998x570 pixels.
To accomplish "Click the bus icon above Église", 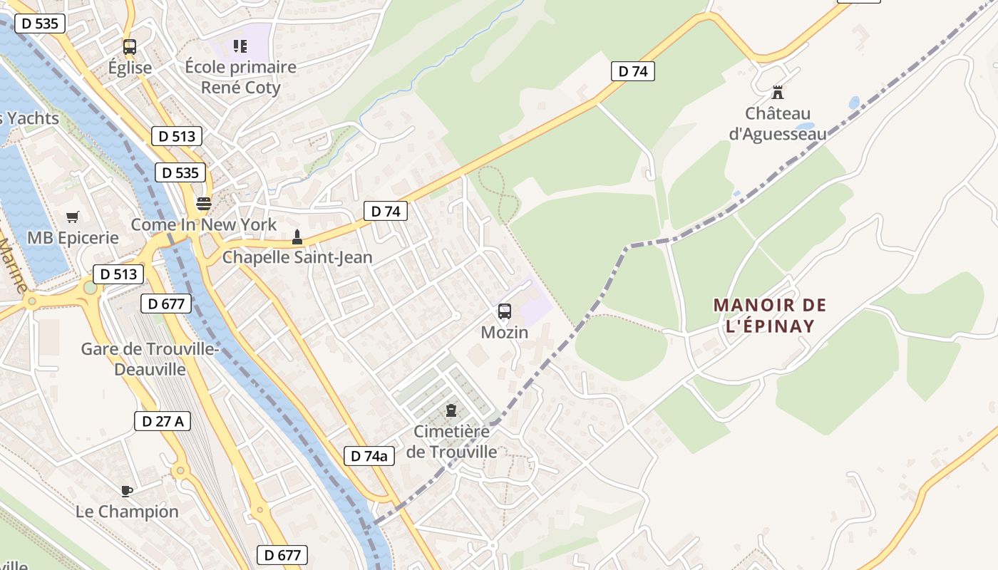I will (x=129, y=47).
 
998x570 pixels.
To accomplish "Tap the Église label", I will (x=130, y=68).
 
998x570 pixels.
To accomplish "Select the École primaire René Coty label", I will (x=240, y=77).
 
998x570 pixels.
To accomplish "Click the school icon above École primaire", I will (x=240, y=47).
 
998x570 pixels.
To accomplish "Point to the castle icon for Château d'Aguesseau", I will (x=778, y=93).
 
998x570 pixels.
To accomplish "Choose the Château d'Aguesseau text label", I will (x=778, y=123).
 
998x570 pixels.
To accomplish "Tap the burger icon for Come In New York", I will (x=204, y=204).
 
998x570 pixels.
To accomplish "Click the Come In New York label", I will (x=204, y=224).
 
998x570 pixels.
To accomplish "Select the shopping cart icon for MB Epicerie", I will (x=72, y=217).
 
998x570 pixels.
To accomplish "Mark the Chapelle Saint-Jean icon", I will (x=297, y=237).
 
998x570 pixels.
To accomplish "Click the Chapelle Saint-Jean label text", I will (x=297, y=257).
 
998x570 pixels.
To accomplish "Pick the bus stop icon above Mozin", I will (x=505, y=311).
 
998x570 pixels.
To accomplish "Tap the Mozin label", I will (x=505, y=332).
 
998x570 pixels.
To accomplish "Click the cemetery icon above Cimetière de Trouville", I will (x=451, y=410).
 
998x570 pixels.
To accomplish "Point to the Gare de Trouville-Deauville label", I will (x=149, y=359).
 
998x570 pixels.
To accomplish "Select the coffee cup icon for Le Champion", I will (x=127, y=490).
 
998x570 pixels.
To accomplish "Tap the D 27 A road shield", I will (x=163, y=421).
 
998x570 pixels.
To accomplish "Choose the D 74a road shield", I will (x=369, y=456).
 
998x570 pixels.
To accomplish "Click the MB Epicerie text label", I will (x=73, y=237).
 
